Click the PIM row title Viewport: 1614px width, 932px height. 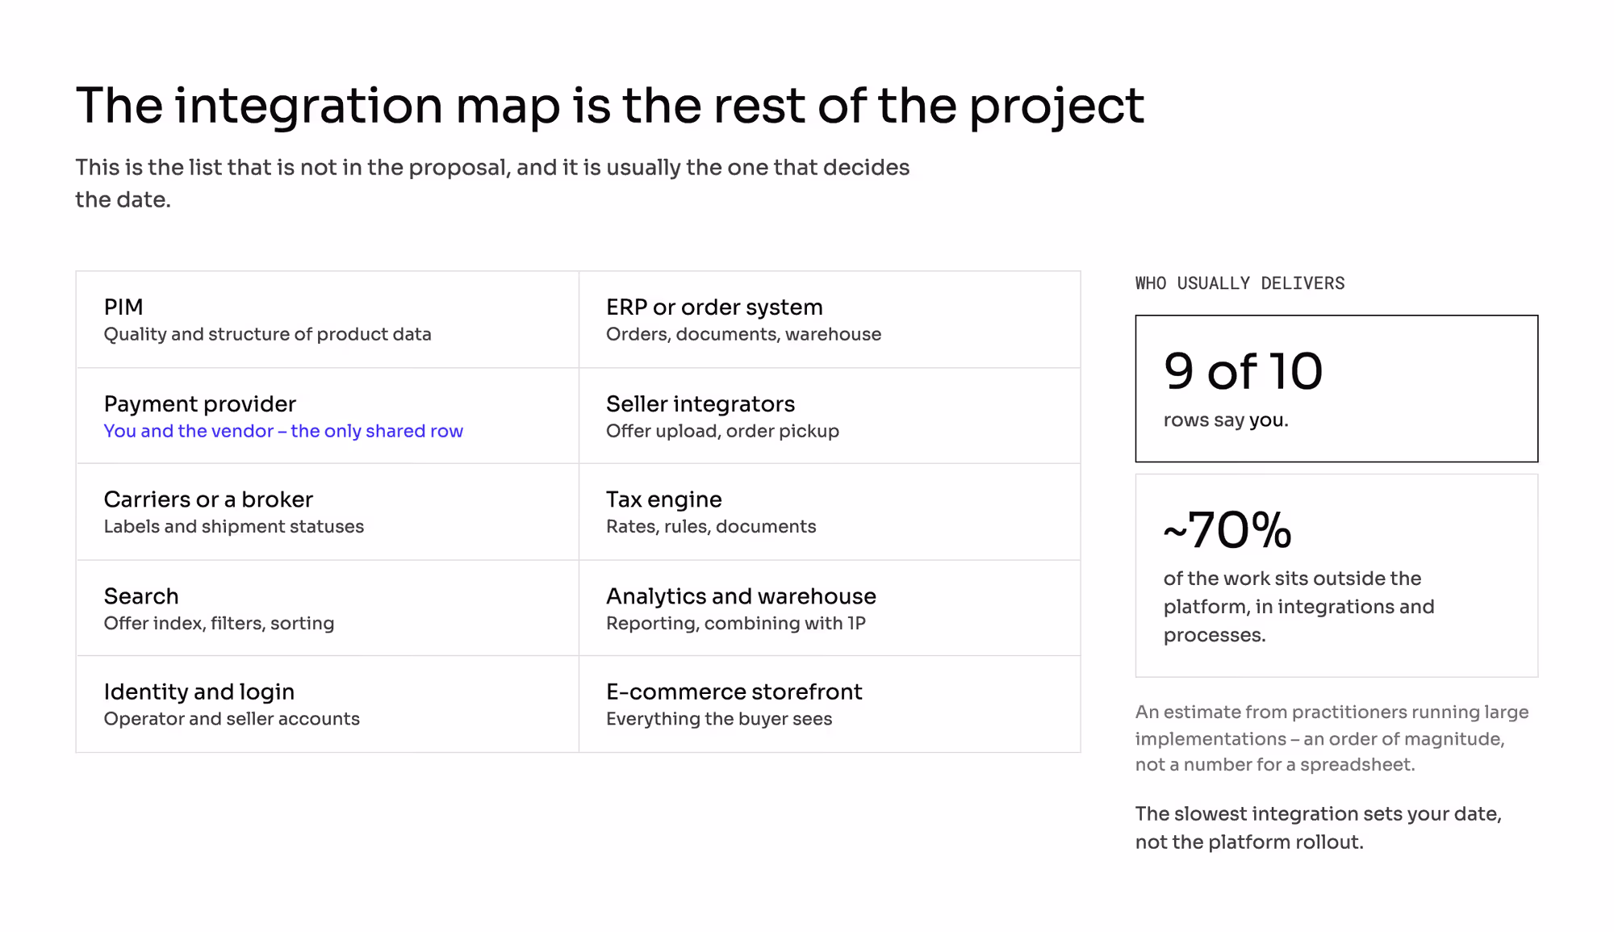coord(123,307)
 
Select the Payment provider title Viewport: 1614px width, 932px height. coord(200,404)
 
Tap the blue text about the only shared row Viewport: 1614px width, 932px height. coord(283,431)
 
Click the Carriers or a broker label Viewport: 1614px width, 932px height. coord(208,499)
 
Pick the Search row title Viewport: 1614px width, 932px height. coord(141,596)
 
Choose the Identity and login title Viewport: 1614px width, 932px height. coord(199,692)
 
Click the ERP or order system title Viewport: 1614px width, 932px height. coord(714,307)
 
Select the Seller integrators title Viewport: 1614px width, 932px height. coord(700,404)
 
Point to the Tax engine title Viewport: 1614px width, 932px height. coord(664,500)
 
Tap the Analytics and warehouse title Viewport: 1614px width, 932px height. coord(741,596)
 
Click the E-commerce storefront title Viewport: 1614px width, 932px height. coord(734,692)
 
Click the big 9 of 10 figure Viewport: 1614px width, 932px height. coord(1244,371)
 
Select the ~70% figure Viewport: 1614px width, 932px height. coord(1227,530)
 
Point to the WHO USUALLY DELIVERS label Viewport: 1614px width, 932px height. coord(1240,283)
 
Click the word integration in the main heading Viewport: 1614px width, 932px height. coord(308,106)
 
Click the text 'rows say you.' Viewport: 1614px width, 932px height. coord(1226,420)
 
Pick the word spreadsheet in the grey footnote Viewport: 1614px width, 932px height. coord(1357,765)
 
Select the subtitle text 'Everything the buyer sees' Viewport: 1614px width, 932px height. coord(719,719)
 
